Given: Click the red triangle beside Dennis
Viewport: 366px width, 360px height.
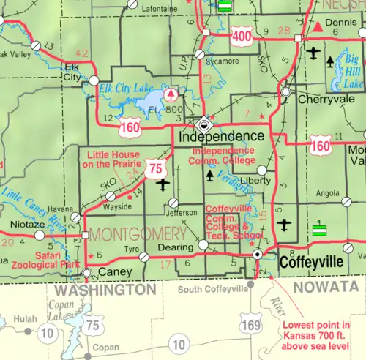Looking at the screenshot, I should click(x=319, y=27).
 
